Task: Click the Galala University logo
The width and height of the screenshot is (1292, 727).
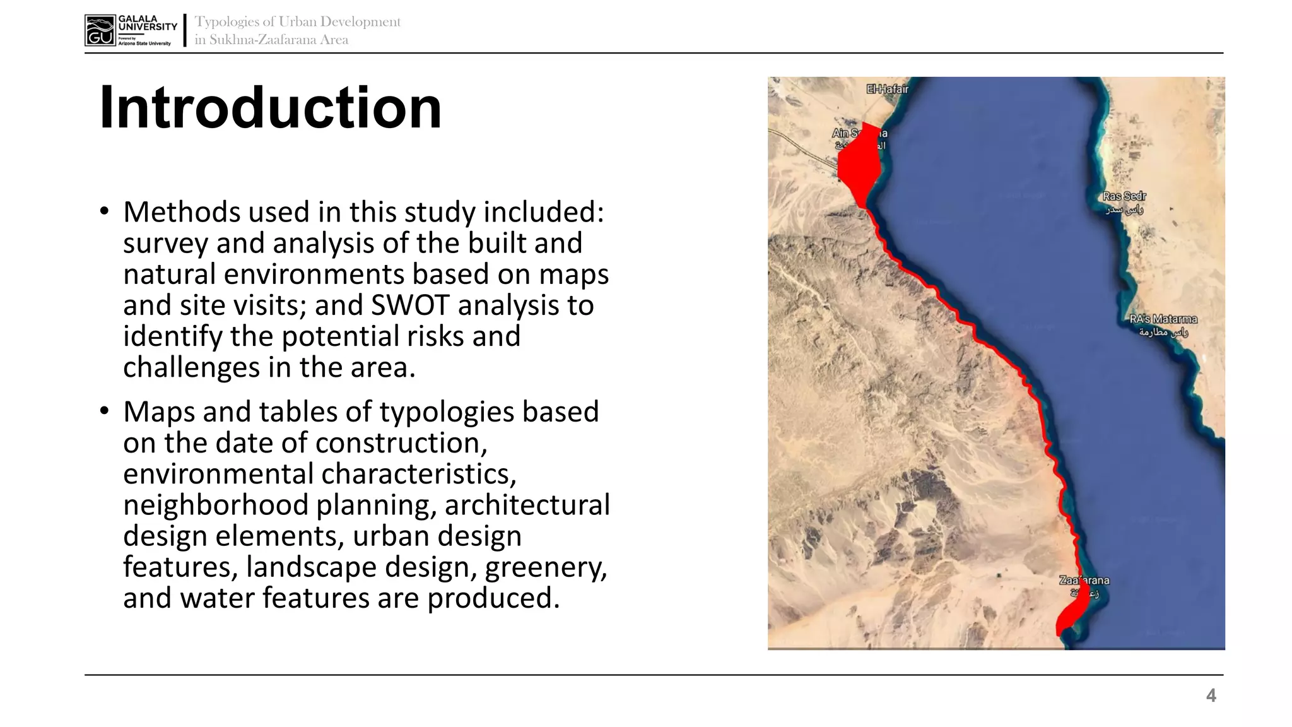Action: pos(131,30)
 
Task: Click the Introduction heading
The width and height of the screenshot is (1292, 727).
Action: pos(270,108)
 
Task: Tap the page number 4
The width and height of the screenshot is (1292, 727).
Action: pos(1211,695)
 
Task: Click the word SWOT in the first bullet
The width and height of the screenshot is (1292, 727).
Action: pos(411,305)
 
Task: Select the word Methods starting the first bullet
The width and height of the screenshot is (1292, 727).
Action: pos(182,212)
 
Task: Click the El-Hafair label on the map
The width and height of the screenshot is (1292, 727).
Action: pos(887,89)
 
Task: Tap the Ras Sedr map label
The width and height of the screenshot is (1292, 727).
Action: pos(1124,196)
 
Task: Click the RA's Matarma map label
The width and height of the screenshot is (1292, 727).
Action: pos(1163,319)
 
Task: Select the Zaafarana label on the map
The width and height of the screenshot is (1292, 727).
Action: pos(1084,581)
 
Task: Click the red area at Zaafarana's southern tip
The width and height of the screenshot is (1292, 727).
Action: pos(1071,613)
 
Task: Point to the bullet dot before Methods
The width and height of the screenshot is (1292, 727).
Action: pos(104,211)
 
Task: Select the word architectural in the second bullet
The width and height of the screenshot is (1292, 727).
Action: pos(527,505)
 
